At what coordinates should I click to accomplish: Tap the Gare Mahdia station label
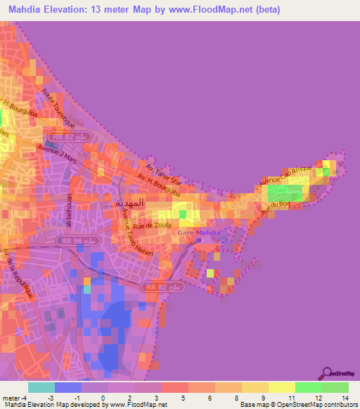tap(198, 233)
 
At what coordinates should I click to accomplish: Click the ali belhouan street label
tap(70, 211)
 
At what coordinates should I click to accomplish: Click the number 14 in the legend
tap(345, 398)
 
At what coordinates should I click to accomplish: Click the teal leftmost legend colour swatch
tap(41, 387)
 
